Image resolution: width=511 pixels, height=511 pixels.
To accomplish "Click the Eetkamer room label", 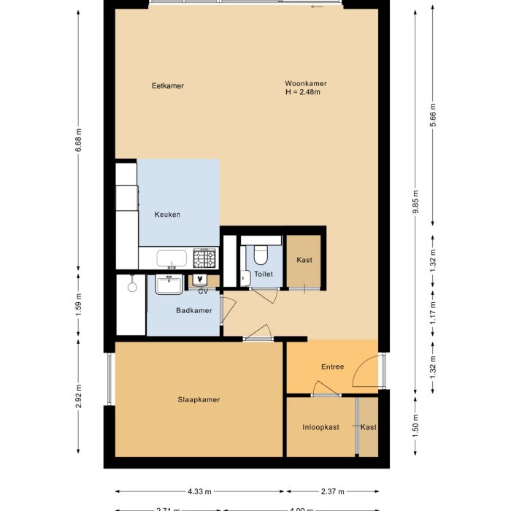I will click(167, 86).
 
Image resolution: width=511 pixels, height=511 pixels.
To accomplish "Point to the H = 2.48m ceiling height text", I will click(303, 93).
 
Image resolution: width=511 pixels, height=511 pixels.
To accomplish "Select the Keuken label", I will click(167, 215).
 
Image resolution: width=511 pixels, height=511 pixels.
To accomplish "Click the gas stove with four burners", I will click(204, 258).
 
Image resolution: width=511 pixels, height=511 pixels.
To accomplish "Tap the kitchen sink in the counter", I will click(172, 258).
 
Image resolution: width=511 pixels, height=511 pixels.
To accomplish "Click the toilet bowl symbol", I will click(261, 254).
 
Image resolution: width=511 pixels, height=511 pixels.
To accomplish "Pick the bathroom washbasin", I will click(169, 283).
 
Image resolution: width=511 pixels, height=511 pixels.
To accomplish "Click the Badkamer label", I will click(193, 311).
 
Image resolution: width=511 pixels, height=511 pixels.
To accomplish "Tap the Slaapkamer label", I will click(199, 400).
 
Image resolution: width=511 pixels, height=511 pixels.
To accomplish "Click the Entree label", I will click(332, 367).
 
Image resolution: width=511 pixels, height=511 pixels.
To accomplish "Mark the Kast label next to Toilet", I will click(304, 261).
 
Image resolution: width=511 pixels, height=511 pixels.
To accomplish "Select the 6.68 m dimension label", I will click(78, 137).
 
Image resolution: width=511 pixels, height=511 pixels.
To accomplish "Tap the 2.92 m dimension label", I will click(78, 401).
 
